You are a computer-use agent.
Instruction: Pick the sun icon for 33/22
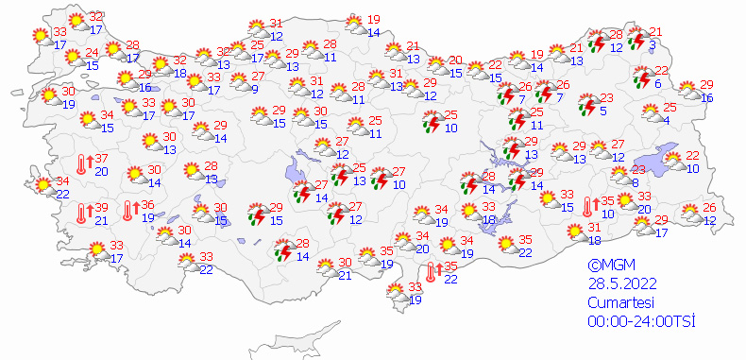coord(187,262)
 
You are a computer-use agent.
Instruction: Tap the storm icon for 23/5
coord(587,103)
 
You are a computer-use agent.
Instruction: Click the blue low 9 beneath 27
coord(255,89)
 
